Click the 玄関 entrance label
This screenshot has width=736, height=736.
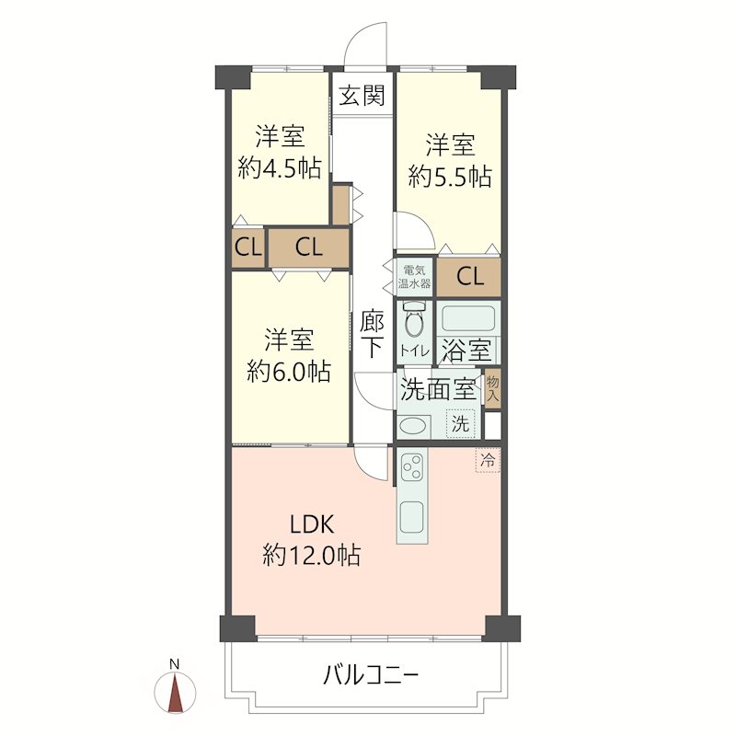tap(362, 96)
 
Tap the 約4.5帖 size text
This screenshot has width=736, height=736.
tap(280, 167)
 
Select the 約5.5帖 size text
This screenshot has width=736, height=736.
tap(450, 177)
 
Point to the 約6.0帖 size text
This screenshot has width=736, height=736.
tap(289, 372)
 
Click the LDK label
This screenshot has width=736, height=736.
tap(312, 524)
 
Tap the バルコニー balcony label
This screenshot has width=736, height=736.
tap(371, 675)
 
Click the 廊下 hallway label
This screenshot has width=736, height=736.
tap(373, 334)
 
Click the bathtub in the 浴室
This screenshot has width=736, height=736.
tap(468, 319)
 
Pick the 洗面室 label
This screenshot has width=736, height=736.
tap(438, 389)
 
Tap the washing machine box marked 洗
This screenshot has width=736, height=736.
tap(461, 424)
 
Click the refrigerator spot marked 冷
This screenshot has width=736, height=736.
tap(489, 460)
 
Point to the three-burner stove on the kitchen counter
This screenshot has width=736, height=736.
tap(412, 467)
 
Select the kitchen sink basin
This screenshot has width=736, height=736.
tap(412, 517)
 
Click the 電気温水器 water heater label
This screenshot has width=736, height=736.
tap(415, 277)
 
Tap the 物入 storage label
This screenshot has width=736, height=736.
tap(492, 388)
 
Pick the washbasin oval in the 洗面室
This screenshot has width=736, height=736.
tap(412, 426)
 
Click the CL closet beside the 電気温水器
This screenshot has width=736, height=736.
tap(469, 277)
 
